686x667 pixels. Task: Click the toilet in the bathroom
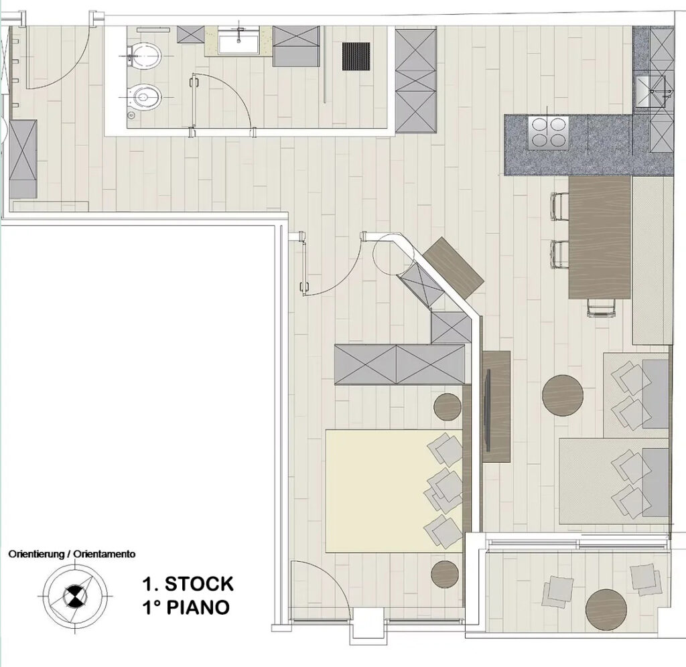coord(145,55)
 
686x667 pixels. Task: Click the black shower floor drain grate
coord(356,56)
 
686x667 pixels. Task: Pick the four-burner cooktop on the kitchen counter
coord(548,133)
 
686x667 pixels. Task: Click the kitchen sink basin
coord(650,92)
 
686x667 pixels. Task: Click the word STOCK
coord(198,584)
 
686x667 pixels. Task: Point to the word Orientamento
coord(104,554)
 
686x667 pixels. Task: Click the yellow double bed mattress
coord(394,491)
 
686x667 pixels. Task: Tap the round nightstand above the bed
coord(448,406)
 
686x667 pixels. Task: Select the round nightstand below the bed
coord(445,575)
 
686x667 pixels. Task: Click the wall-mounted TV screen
coord(488,411)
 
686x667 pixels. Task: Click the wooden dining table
coord(600,238)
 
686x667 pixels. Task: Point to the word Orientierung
coord(36,554)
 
